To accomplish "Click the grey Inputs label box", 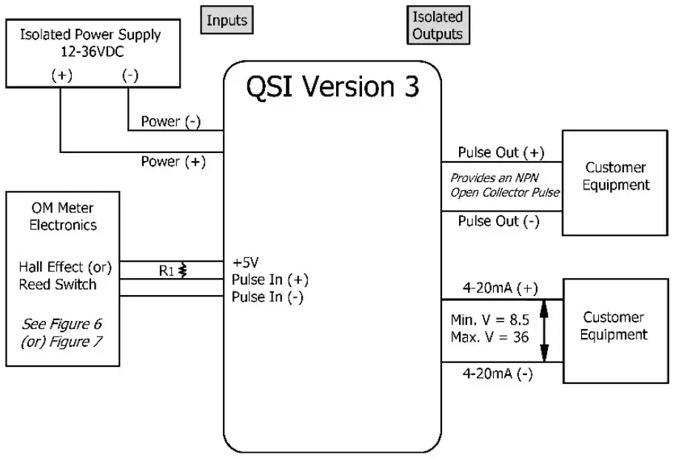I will point(227,20).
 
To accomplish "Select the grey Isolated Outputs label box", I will point(437,25).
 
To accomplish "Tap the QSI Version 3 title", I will point(332,87).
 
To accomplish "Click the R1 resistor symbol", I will point(183,271).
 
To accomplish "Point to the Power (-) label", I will point(171,122).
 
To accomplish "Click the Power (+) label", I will point(173,161).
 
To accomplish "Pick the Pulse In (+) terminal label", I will point(269,280).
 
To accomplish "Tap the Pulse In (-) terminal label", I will point(267,297).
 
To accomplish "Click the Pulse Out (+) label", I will point(500,152).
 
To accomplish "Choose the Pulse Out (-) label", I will point(498,221).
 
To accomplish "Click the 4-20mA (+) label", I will point(500,288).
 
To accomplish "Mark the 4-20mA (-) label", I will point(498,373).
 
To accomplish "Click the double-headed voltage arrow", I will point(545,331).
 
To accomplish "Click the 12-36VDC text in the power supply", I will point(91,52).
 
